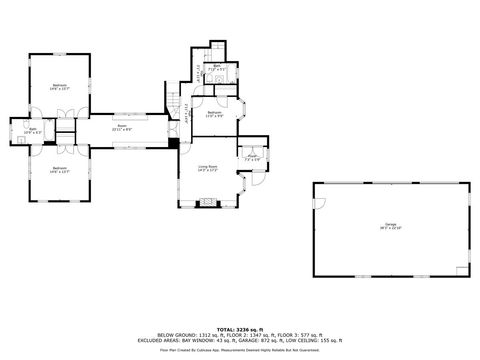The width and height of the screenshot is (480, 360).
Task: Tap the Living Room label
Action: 207,167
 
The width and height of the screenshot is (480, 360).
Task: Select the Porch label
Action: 251,157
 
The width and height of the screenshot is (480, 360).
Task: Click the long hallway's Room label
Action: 121,127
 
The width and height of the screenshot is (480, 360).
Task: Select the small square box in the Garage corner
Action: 459,269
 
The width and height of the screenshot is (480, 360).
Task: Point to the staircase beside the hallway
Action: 174,103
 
